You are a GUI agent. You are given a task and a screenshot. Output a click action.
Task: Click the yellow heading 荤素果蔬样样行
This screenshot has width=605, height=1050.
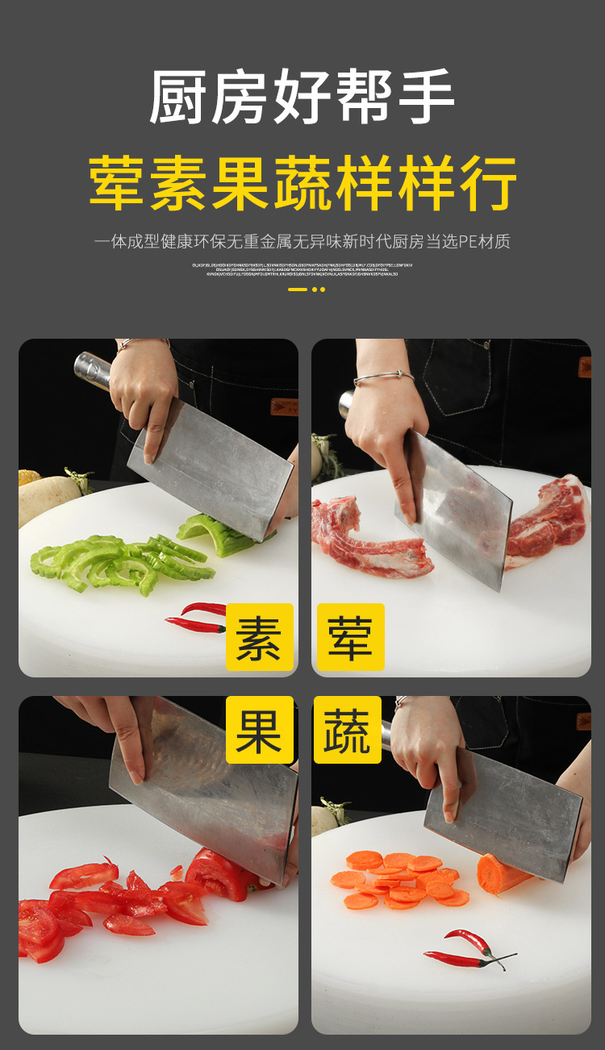(x=302, y=184)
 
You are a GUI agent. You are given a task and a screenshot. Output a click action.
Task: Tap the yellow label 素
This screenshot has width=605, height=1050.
(x=259, y=637)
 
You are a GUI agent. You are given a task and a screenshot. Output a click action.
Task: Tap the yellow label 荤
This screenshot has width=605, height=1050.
(x=350, y=637)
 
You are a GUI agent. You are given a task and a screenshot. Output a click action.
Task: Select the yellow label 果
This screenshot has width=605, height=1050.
(x=259, y=731)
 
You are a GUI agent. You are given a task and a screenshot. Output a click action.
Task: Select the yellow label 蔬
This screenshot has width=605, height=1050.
(x=347, y=731)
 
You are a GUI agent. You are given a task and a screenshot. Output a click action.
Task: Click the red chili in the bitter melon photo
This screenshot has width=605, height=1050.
(x=197, y=616)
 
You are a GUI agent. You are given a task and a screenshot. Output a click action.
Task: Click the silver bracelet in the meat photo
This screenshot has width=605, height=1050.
(x=384, y=377)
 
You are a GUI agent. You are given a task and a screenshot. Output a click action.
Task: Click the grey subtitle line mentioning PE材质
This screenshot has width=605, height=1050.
(x=302, y=241)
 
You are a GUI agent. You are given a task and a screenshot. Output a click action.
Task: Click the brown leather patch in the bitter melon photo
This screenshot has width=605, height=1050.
(x=284, y=406)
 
